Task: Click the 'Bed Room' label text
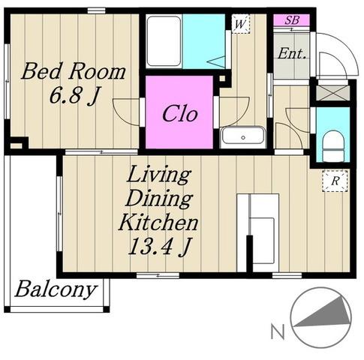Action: click(74, 72)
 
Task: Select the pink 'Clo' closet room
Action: click(179, 112)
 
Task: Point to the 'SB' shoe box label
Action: click(292, 20)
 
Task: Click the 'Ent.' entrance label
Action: click(292, 53)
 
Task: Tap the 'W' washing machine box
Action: click(241, 24)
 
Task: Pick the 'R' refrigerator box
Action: click(335, 181)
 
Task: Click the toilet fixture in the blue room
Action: click(332, 147)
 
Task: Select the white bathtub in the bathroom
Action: click(164, 41)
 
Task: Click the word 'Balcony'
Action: click(56, 290)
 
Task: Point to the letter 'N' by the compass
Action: click(278, 331)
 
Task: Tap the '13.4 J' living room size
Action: click(160, 246)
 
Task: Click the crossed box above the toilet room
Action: click(332, 93)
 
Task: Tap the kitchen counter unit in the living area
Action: click(258, 232)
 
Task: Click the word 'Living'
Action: click(159, 175)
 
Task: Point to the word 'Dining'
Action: click(159, 199)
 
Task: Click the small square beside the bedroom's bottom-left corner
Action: click(16, 145)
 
